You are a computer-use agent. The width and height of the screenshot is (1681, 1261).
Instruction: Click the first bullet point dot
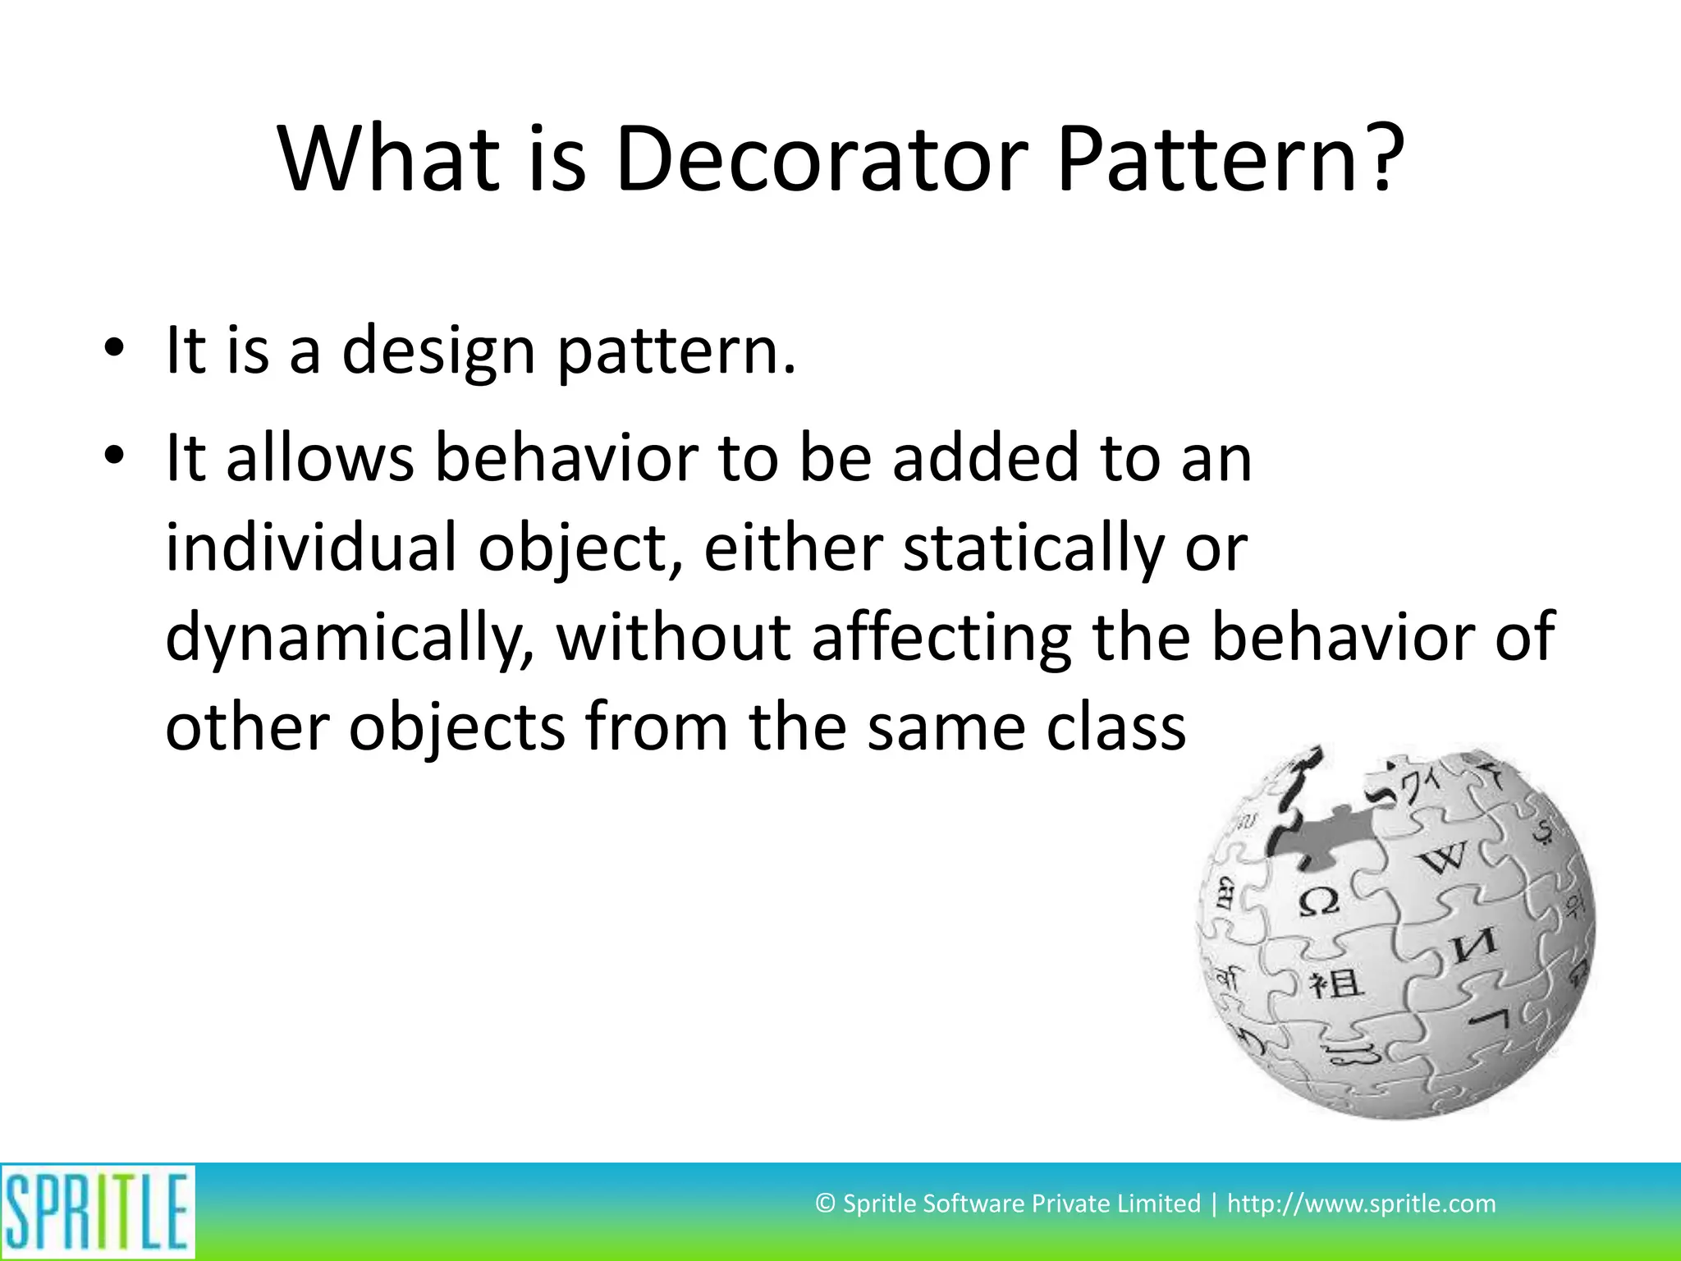coord(114,348)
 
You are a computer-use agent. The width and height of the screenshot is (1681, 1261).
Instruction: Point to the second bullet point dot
coord(114,456)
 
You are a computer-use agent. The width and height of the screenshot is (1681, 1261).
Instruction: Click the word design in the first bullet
coord(438,351)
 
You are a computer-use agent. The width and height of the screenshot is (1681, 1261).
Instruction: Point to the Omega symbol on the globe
coord(1319,902)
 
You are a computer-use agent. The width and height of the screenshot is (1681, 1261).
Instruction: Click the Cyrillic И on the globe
coord(1473,947)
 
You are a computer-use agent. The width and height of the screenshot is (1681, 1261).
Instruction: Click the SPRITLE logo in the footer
coord(97,1212)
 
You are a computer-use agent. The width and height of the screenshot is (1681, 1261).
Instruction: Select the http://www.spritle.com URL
coord(1361,1204)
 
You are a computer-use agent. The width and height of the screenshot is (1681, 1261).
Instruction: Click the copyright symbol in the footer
coord(825,1204)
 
